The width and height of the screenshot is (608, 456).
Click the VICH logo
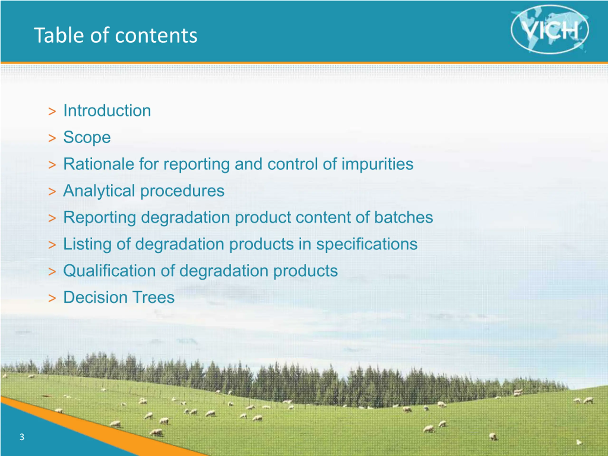coord(550,29)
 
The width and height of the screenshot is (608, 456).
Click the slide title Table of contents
coord(116,35)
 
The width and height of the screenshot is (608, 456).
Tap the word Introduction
coord(107,110)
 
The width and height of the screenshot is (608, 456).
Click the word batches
coord(404,217)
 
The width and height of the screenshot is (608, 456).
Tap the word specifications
coord(367,244)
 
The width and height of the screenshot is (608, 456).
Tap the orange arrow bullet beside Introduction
coord(52,112)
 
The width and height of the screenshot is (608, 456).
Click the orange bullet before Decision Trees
coord(52,298)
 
